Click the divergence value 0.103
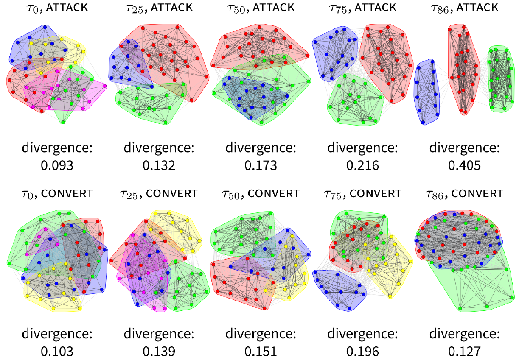(x=57, y=351)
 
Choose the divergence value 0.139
(x=159, y=351)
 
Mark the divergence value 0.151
(x=261, y=351)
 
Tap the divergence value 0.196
(x=363, y=351)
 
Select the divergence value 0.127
(x=465, y=351)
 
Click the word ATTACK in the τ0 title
(x=67, y=8)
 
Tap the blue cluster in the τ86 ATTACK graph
(x=426, y=92)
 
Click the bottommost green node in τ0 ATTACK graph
(x=63, y=123)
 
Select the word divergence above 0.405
(x=465, y=148)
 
